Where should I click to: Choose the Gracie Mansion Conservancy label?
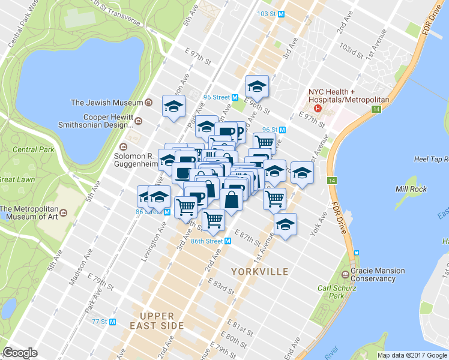378,275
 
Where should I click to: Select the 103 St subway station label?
270,13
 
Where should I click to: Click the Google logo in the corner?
20,353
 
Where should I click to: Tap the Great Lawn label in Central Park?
15,179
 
